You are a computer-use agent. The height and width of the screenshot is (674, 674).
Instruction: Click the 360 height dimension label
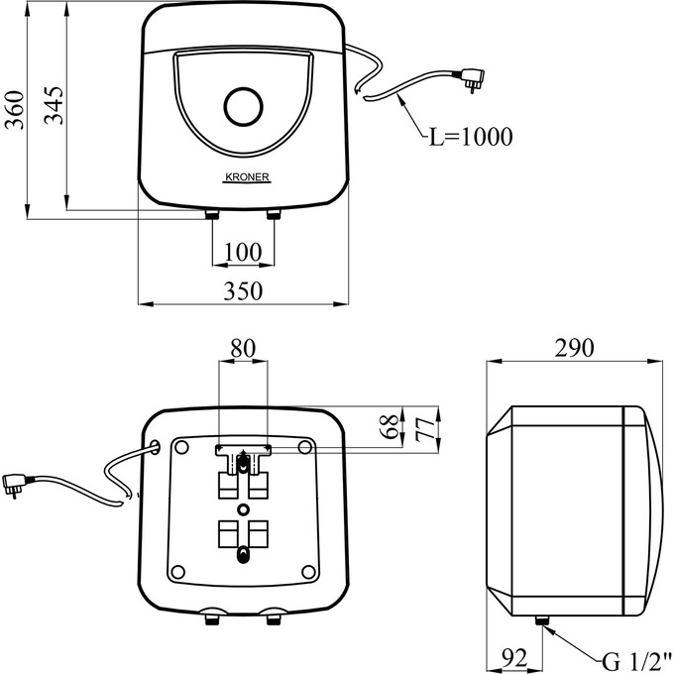pyautogui.click(x=14, y=110)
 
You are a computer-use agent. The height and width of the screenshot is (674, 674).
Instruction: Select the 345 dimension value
pyautogui.click(x=54, y=105)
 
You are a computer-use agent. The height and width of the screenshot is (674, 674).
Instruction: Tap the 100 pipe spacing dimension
pyautogui.click(x=243, y=252)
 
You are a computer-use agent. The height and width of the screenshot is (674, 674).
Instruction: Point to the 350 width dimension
pyautogui.click(x=243, y=291)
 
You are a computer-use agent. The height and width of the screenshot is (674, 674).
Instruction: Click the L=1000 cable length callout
pyautogui.click(x=471, y=137)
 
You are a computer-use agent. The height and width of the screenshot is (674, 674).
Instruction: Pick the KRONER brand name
pyautogui.click(x=247, y=177)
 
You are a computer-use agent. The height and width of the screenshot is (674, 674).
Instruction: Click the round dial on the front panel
pyautogui.click(x=243, y=107)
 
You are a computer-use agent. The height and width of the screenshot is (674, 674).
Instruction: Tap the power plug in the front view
pyautogui.click(x=472, y=79)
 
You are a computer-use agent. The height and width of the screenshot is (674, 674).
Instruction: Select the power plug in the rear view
pyautogui.click(x=14, y=485)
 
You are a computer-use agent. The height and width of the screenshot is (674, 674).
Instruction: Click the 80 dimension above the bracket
pyautogui.click(x=243, y=348)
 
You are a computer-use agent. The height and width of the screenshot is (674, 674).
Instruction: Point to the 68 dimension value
pyautogui.click(x=391, y=426)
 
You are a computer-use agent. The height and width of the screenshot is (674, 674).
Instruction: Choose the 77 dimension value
pyautogui.click(x=425, y=429)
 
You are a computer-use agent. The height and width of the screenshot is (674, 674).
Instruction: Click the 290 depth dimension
pyautogui.click(x=574, y=348)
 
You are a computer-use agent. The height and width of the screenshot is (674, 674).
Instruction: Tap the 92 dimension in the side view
pyautogui.click(x=514, y=658)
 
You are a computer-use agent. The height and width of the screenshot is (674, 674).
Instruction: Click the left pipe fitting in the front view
pyautogui.click(x=212, y=214)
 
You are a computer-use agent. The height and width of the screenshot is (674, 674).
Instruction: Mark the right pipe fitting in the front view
pyautogui.click(x=274, y=214)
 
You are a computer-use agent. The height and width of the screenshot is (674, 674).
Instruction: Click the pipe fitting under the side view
pyautogui.click(x=541, y=620)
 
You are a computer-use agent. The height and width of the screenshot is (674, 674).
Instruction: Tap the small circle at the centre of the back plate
pyautogui.click(x=243, y=509)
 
